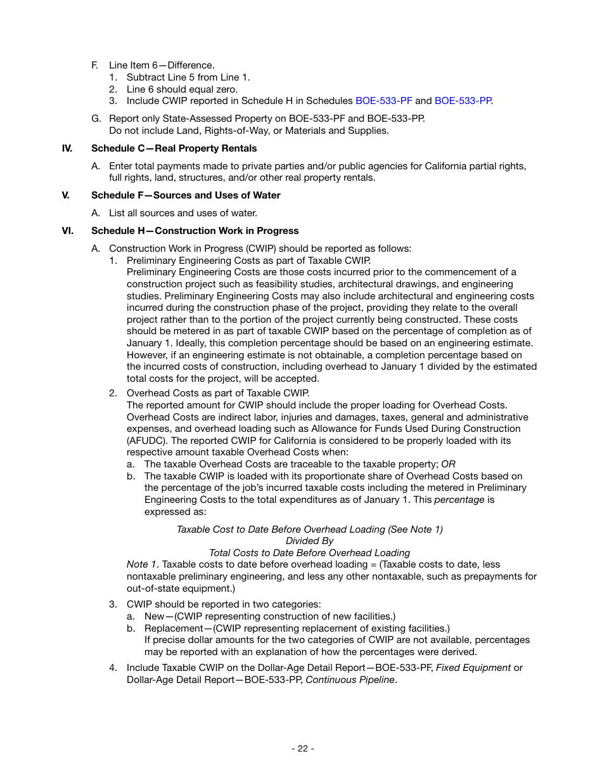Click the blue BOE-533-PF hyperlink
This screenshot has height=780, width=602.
tap(383, 101)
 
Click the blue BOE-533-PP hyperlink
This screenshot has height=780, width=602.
tap(463, 101)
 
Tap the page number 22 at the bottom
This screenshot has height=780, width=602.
tap(303, 748)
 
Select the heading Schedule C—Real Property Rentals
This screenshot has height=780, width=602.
tap(174, 148)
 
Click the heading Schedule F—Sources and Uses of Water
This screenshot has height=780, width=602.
tap(186, 195)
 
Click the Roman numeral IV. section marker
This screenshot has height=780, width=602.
tap(67, 148)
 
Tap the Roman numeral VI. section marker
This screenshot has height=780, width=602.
tap(67, 231)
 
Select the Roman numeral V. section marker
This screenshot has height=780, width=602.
tap(65, 195)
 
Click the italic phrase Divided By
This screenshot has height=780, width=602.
tap(309, 541)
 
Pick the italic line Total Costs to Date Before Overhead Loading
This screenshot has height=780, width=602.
tap(309, 553)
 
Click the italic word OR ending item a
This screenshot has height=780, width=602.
tap(448, 464)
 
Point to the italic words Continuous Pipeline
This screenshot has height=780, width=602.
tap(350, 680)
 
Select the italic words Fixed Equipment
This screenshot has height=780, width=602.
tap(473, 668)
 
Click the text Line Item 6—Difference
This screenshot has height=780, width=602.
tap(162, 65)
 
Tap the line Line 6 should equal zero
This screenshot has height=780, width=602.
tap(182, 89)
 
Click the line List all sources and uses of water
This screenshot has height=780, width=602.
tap(183, 213)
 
